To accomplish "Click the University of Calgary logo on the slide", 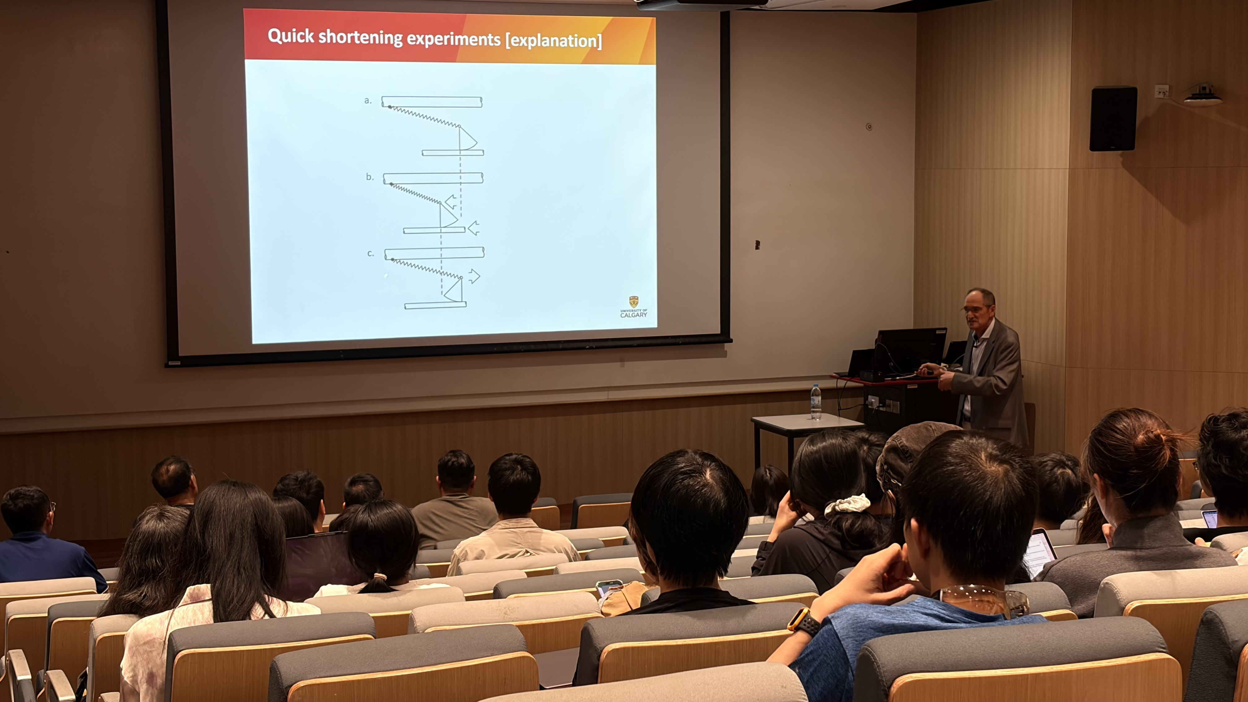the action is [634, 307].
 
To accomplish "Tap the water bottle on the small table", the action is [816, 402].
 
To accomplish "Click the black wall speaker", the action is [1113, 119].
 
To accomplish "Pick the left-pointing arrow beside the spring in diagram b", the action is [451, 201].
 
